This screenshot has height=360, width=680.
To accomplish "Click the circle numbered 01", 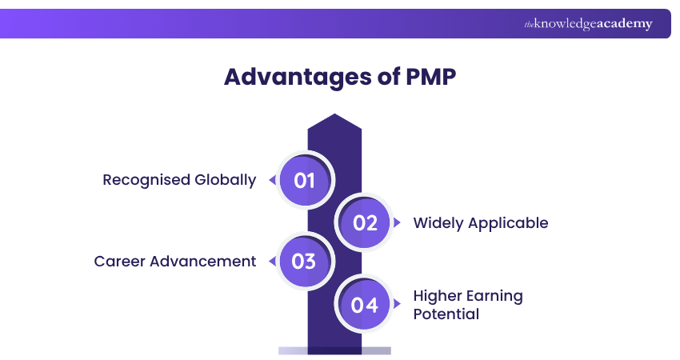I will pyautogui.click(x=305, y=180).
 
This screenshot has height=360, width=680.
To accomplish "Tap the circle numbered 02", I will pyautogui.click(x=365, y=222).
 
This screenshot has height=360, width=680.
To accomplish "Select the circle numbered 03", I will pyautogui.click(x=305, y=262).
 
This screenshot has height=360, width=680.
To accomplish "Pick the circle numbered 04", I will pyautogui.click(x=365, y=305).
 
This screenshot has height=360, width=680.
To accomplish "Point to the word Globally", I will pyautogui.click(x=225, y=180).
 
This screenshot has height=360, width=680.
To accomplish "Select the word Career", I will pyautogui.click(x=118, y=262).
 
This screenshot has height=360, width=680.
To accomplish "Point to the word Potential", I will pyautogui.click(x=446, y=314).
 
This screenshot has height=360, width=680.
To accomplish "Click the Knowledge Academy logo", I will pyautogui.click(x=588, y=24).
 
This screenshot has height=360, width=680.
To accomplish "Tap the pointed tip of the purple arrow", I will pyautogui.click(x=334, y=117).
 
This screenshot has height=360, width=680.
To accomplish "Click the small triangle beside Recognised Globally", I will pyautogui.click(x=272, y=180).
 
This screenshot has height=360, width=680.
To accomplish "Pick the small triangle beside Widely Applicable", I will pyautogui.click(x=398, y=223).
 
